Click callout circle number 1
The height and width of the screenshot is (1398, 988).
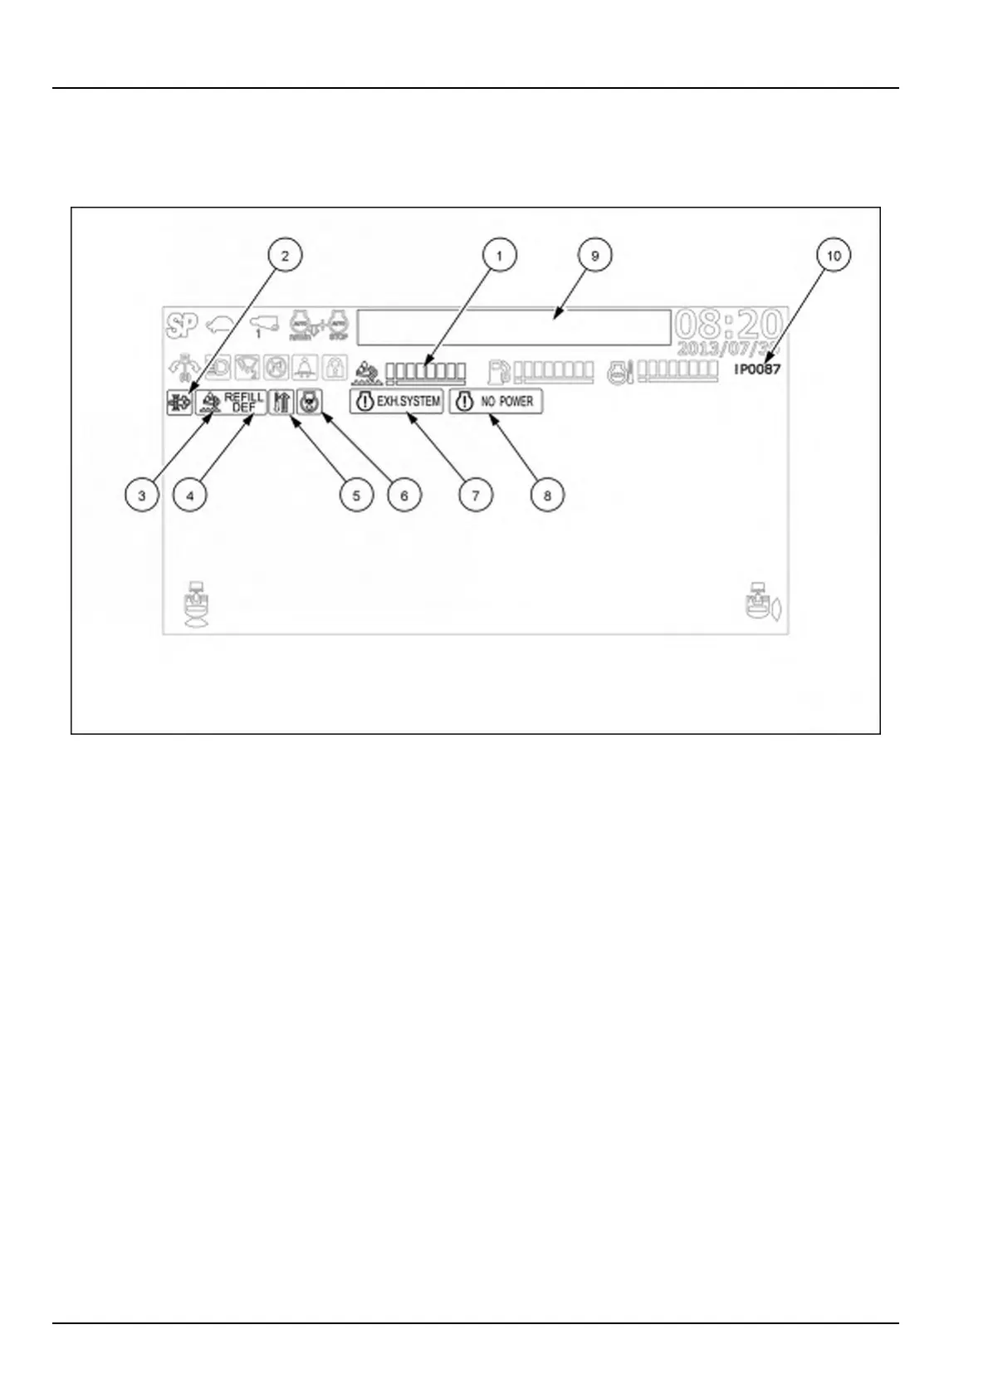point(499,256)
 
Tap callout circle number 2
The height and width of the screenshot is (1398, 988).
point(285,256)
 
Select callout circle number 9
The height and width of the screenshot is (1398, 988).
point(594,256)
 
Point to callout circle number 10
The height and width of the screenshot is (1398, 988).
point(834,256)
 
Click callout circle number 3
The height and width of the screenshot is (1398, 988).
point(142,496)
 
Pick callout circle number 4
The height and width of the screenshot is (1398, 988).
point(190,496)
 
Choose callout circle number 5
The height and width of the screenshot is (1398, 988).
point(356,496)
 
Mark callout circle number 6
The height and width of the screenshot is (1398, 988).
point(404,496)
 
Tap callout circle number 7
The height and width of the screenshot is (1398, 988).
point(476,496)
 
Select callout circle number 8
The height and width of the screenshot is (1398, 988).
point(547,496)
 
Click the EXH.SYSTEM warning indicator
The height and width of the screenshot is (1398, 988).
point(397,402)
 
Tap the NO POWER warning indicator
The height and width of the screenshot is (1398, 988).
point(496,402)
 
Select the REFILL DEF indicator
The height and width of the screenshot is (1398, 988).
point(232,402)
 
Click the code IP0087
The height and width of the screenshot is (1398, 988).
point(757,369)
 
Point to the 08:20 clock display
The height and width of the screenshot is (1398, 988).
point(729,324)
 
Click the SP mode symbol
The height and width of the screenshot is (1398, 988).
point(182,325)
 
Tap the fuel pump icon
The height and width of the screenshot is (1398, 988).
point(499,370)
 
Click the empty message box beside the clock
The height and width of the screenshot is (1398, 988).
point(513,327)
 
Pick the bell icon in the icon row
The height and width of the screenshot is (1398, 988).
point(305,368)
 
